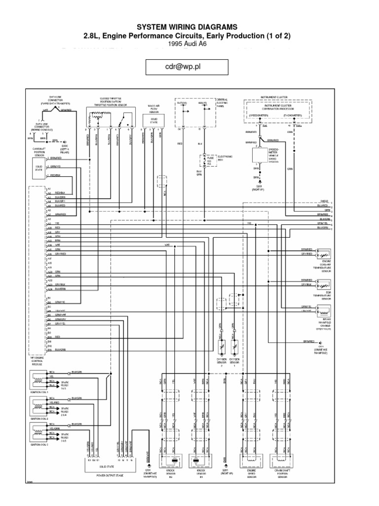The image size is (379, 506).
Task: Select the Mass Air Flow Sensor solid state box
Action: point(153,122)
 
